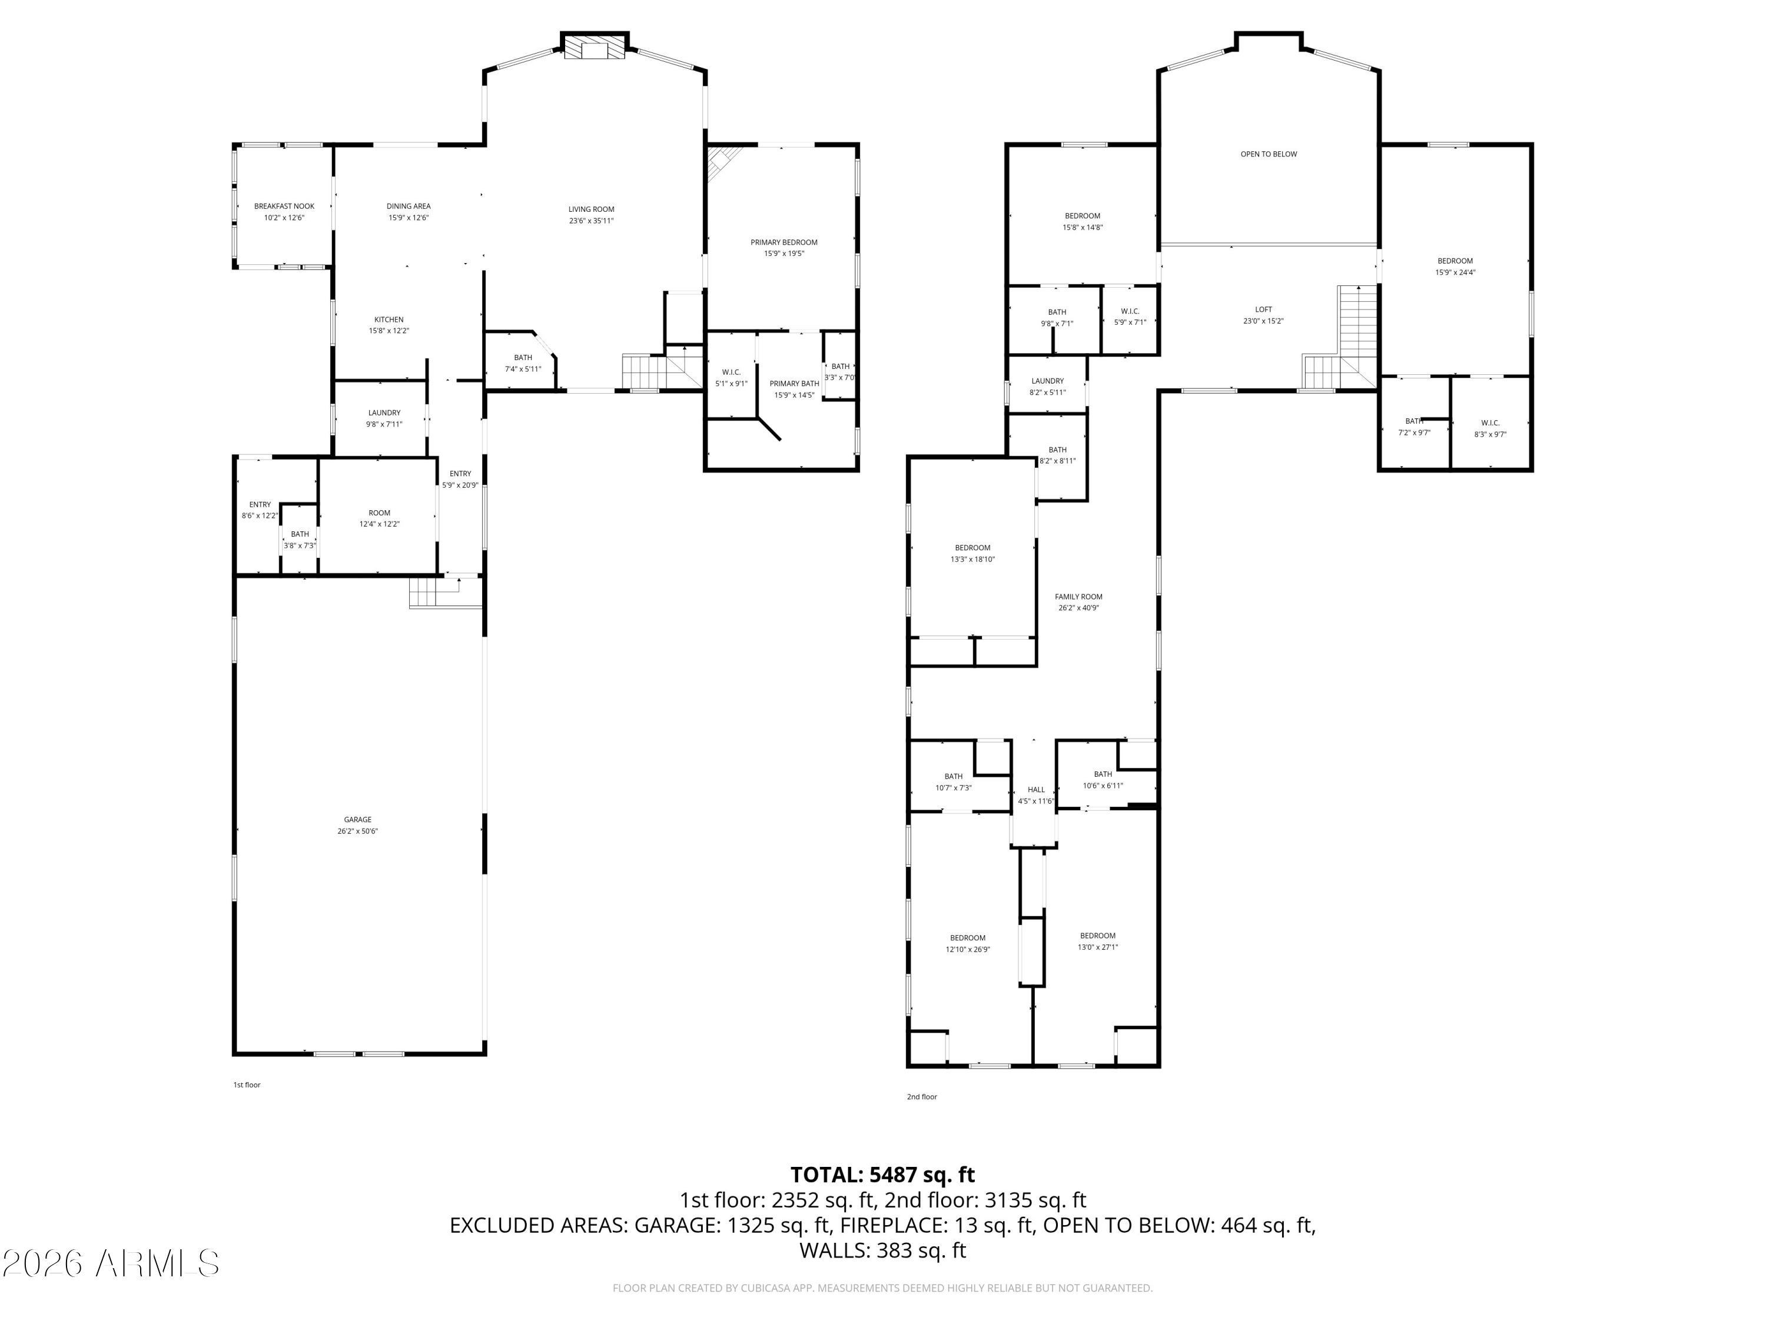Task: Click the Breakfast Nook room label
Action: click(284, 207)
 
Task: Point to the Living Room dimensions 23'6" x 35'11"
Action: click(591, 221)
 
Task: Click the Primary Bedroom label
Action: click(783, 242)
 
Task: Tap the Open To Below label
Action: click(1268, 154)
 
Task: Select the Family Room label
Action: click(1078, 597)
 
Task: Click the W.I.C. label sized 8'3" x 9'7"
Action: click(1490, 424)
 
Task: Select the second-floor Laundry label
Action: click(1047, 381)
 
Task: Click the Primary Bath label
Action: click(794, 384)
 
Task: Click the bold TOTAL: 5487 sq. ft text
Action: click(882, 1175)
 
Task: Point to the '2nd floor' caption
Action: click(921, 1096)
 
